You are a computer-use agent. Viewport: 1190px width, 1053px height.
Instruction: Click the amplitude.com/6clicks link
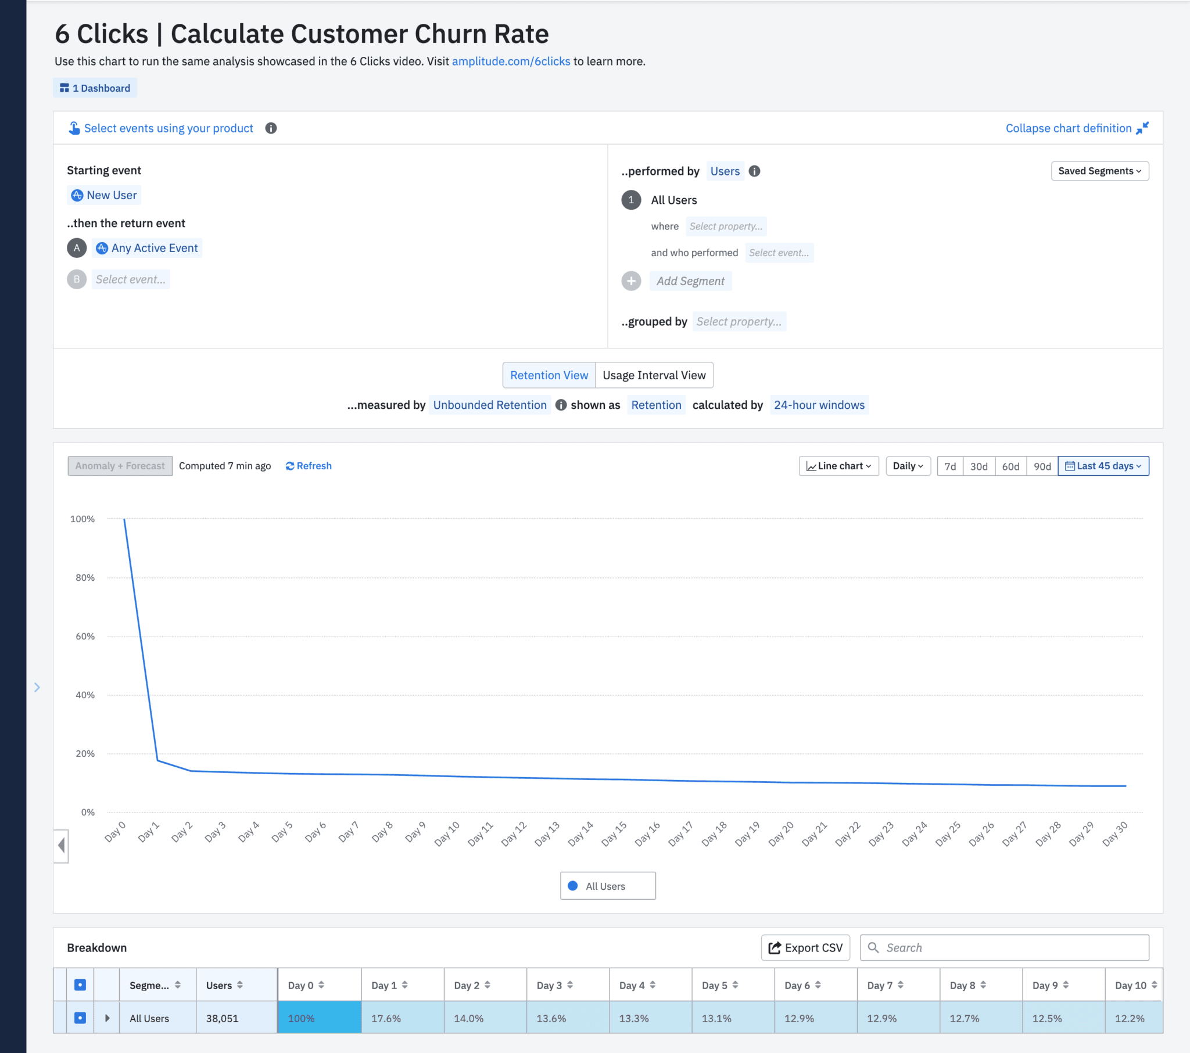[x=511, y=61]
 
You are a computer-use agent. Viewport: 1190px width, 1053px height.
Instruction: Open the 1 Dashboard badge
[x=95, y=88]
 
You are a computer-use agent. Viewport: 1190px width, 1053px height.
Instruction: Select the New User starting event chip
[x=105, y=195]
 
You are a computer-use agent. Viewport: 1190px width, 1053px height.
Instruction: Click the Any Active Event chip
[x=148, y=248]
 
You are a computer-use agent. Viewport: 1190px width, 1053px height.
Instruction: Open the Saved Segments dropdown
[x=1099, y=171]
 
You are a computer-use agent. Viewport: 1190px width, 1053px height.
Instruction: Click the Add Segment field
[x=690, y=281]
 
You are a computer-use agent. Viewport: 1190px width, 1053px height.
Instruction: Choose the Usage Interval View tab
[x=653, y=375]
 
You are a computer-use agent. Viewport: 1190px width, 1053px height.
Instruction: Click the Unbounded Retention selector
[x=489, y=405]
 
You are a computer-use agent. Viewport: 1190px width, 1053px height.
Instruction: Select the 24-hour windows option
[x=819, y=405]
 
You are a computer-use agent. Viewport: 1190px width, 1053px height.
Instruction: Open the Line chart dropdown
[x=838, y=466]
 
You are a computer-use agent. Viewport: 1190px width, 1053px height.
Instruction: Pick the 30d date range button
[x=978, y=466]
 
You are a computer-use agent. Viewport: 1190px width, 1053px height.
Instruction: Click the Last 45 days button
[x=1103, y=466]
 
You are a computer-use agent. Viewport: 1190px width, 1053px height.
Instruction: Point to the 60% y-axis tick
[x=85, y=636]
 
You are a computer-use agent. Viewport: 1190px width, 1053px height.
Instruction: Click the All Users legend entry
[x=605, y=886]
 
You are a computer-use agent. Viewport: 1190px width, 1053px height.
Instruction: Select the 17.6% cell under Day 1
[x=386, y=1018]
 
